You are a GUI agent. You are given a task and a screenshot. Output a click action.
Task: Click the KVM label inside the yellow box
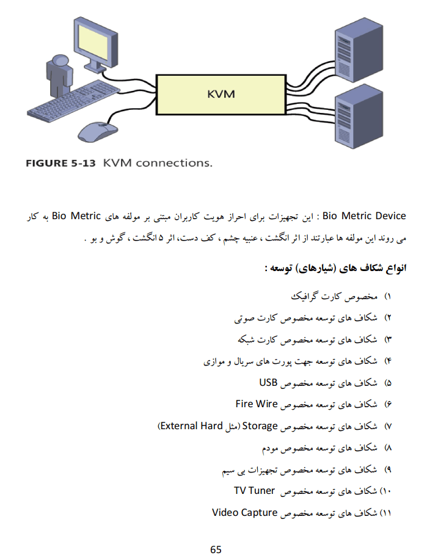tap(221, 94)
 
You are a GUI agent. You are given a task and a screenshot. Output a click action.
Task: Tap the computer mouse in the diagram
tap(97, 131)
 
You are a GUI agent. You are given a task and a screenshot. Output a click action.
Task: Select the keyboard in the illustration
tap(73, 101)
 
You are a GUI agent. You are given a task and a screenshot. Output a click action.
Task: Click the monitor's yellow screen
tap(93, 42)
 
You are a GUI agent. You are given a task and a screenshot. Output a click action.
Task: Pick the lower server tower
tap(359, 117)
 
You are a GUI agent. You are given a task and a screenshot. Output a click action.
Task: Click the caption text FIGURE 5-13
tap(60, 164)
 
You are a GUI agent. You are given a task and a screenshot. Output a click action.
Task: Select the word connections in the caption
tap(173, 163)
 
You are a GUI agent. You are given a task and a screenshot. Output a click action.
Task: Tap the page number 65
tap(216, 549)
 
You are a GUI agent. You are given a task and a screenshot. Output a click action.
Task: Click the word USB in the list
tap(268, 383)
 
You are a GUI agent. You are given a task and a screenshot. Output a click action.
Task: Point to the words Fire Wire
tap(257, 404)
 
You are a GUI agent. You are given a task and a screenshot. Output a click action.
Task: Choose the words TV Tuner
tap(254, 491)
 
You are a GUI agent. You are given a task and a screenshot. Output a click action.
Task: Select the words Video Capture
tap(245, 512)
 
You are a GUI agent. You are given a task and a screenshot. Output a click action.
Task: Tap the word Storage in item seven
tap(260, 426)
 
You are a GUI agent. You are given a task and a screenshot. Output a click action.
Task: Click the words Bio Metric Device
tap(364, 216)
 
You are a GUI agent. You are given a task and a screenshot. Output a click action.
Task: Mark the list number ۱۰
tap(386, 491)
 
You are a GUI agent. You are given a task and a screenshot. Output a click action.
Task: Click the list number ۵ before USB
tap(388, 383)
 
